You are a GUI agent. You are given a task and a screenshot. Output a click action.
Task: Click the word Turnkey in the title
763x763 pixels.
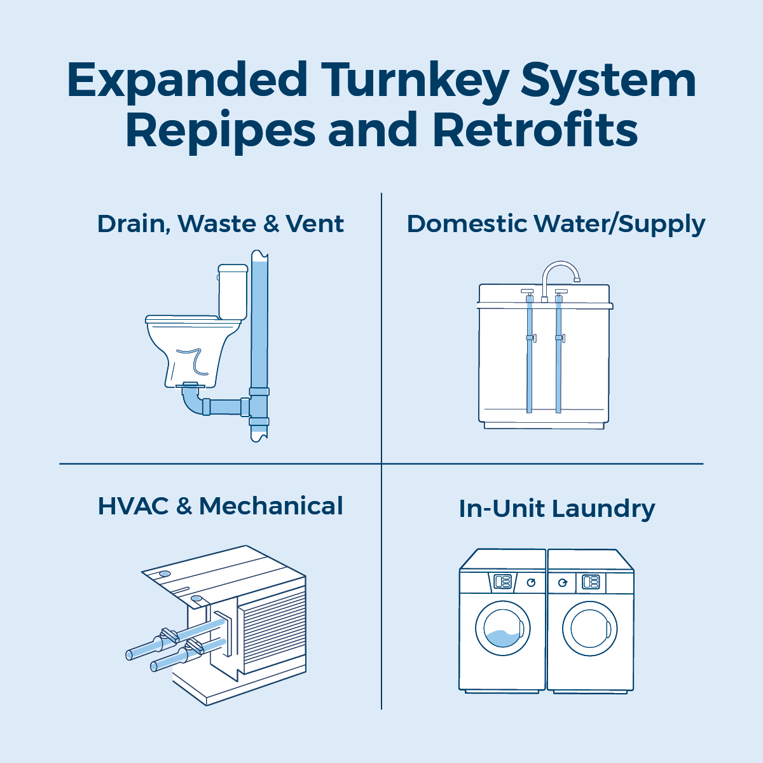click(x=415, y=81)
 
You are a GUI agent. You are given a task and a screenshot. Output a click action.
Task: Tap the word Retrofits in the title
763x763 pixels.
click(x=535, y=130)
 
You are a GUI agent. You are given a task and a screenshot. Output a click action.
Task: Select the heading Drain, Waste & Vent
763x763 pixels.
click(x=221, y=224)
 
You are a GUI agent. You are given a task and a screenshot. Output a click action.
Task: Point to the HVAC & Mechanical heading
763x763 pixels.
click(x=220, y=506)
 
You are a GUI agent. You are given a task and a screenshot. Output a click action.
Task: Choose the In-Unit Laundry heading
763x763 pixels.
click(x=557, y=509)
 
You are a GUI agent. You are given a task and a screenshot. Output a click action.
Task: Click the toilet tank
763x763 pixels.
click(x=233, y=292)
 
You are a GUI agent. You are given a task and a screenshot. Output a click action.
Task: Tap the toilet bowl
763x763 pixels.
click(x=192, y=352)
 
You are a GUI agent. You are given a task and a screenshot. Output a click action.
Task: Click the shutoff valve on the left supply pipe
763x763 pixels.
click(x=531, y=338)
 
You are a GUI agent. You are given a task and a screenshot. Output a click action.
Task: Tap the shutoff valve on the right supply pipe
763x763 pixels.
click(x=560, y=338)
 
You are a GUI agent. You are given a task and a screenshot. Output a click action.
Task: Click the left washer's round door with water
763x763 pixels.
click(x=502, y=629)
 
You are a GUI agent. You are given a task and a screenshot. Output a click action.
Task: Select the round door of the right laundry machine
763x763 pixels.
click(x=589, y=629)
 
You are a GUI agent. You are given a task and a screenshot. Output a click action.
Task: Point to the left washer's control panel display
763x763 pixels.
click(x=502, y=582)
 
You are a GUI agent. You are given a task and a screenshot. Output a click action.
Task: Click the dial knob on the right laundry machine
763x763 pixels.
click(x=562, y=582)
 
